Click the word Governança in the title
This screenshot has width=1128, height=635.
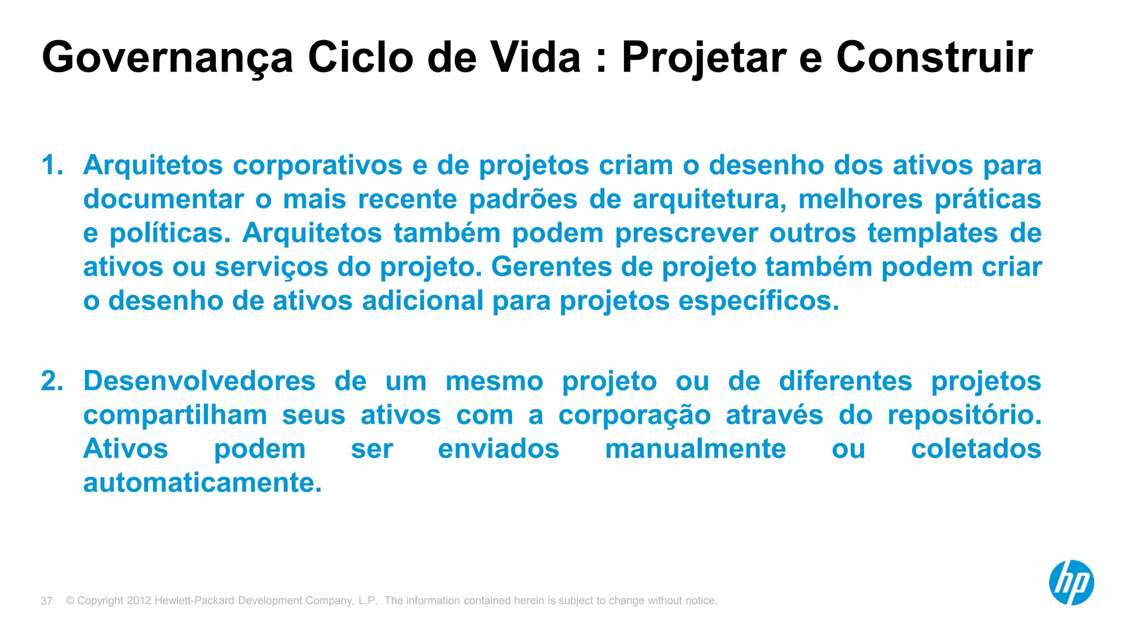click(167, 57)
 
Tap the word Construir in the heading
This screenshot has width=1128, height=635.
click(934, 57)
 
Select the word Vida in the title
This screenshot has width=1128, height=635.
click(535, 57)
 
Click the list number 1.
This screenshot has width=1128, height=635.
click(52, 165)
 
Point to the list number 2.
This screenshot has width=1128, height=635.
click(52, 381)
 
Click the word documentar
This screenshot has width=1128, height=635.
click(164, 200)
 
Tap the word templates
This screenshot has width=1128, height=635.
click(932, 234)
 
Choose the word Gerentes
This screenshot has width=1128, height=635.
click(551, 267)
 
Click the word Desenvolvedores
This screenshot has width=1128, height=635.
click(199, 381)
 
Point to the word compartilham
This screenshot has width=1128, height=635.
click(175, 416)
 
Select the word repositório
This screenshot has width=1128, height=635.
click(964, 416)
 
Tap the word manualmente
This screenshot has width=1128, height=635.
click(695, 449)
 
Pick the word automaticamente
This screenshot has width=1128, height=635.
click(202, 483)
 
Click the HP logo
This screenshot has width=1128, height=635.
click(1071, 583)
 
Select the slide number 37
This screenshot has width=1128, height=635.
click(46, 601)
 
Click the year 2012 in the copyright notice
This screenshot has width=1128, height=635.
click(139, 601)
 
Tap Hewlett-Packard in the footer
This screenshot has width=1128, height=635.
click(195, 601)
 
